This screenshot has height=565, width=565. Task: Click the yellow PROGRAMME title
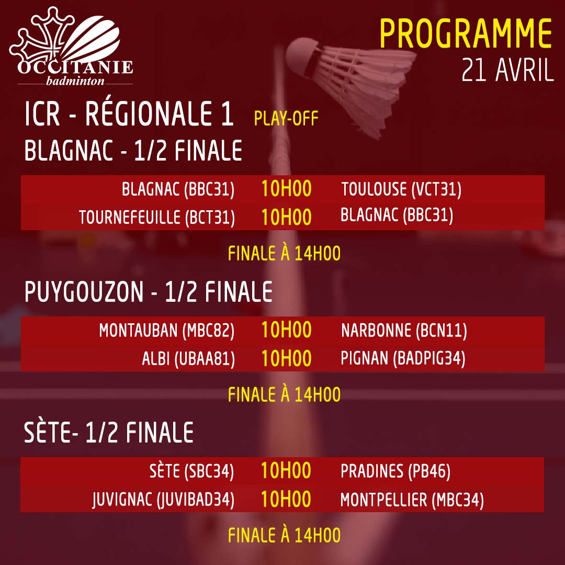pos(466,33)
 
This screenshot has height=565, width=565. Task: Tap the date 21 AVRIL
pos(507,70)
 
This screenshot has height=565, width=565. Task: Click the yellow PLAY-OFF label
pos(286,119)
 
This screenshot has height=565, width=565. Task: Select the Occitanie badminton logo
pos(72,46)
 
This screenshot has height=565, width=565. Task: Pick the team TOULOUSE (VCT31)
pos(401,189)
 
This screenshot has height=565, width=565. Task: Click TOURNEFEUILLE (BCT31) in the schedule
pos(157,218)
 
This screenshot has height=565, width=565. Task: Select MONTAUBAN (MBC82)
pos(167,331)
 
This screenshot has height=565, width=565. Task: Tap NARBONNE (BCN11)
pos(404,331)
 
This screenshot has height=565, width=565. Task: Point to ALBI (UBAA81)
pos(188,359)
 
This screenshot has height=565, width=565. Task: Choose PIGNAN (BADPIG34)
pos(403,359)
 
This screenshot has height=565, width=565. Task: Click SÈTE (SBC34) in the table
pos(191,471)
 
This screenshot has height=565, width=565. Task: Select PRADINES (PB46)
pos(395,471)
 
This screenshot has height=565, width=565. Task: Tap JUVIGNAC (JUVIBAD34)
pos(163,500)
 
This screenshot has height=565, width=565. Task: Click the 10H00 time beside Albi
pos(286,358)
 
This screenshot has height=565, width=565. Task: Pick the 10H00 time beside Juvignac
pos(286,500)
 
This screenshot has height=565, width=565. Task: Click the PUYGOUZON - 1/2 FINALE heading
pos(148,292)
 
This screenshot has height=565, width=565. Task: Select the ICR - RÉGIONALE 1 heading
pos(129,114)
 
